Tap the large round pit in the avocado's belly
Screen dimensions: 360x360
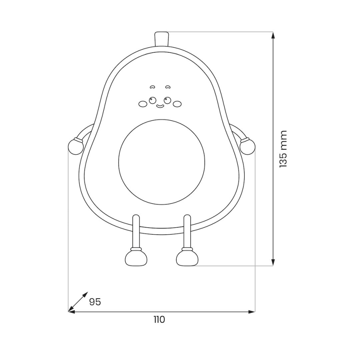point(161,161)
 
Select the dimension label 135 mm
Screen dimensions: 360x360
point(283,148)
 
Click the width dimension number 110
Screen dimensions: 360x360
point(159,319)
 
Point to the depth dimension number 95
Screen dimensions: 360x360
point(95,302)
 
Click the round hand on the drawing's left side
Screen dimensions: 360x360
point(75,146)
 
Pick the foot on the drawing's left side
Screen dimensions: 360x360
point(136,258)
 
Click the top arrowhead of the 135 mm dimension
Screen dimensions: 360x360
point(273,36)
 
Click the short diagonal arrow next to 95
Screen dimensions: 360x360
point(78,301)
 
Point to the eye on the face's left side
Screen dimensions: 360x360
point(153,100)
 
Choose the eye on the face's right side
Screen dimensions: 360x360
point(167,100)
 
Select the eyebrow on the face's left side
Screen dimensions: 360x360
point(153,88)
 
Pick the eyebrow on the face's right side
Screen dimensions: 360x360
point(168,88)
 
